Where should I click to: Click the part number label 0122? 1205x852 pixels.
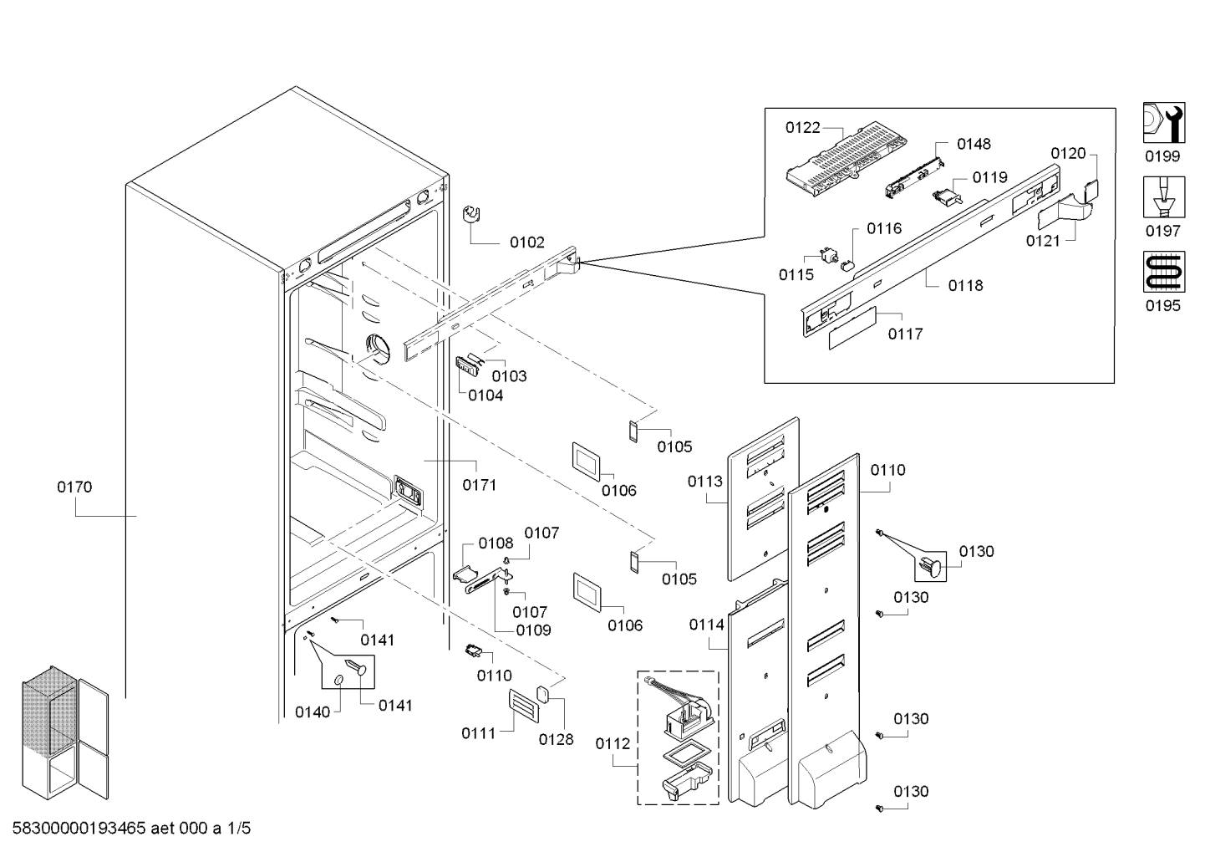802,128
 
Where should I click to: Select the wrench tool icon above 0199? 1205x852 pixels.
1163,122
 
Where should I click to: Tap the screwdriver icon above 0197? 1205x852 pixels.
1163,197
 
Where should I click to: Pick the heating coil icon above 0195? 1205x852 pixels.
1163,272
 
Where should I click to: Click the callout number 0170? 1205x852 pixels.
74,487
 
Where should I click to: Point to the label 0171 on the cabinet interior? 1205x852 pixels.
480,485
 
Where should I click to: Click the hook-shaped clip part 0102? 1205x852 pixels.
471,214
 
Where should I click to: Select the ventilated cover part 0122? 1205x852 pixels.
847,159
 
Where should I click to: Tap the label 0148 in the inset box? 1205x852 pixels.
974,144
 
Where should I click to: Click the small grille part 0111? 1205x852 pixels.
523,706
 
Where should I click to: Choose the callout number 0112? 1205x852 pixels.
613,743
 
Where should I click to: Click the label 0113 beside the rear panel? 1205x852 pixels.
704,481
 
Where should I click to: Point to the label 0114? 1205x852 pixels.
706,625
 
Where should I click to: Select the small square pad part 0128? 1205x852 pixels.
543,694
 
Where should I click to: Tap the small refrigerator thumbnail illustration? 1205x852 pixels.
65,732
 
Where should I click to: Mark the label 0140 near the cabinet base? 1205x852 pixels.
313,712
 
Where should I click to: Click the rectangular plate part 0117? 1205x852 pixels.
852,328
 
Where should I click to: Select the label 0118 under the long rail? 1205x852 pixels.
966,285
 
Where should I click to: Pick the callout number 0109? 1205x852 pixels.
533,630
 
